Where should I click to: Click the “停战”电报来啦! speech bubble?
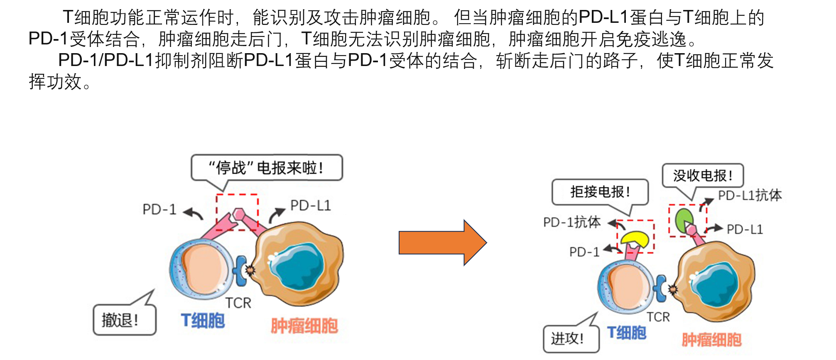click(266, 168)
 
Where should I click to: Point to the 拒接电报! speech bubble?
click(600, 192)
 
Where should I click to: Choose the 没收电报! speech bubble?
click(702, 176)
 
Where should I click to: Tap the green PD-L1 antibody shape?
click(683, 220)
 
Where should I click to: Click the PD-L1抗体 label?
click(750, 195)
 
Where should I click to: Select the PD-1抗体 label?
click(572, 223)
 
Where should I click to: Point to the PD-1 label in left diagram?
click(159, 209)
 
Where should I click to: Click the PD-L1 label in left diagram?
click(310, 206)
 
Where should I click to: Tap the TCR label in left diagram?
click(238, 303)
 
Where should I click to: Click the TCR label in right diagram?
click(658, 317)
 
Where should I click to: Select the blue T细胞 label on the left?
click(203, 321)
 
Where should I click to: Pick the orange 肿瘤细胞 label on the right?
click(711, 340)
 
